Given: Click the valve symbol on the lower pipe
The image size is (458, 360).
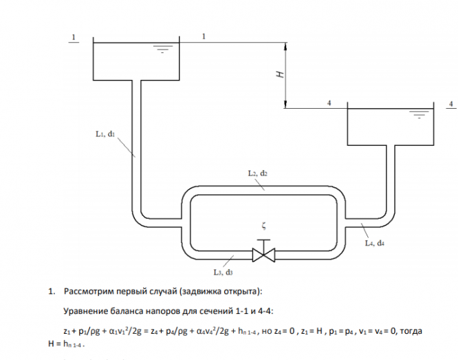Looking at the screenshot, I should pos(263,253).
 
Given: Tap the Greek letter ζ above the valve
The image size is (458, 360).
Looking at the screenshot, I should pos(263,225).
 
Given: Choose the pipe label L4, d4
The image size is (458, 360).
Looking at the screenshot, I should pos(375,243).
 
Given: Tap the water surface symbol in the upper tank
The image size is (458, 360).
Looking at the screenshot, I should pos(162,48).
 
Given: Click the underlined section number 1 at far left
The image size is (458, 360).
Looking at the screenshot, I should pos(74,36).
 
